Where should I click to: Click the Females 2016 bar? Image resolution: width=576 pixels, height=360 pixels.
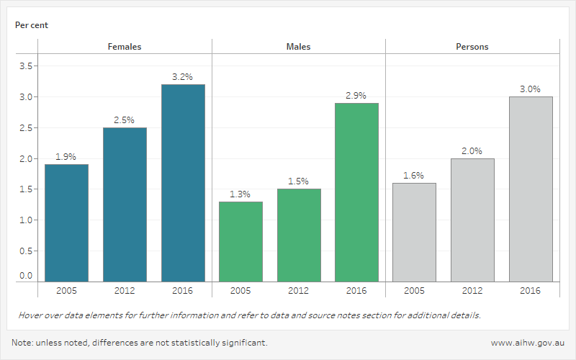pos(183,183)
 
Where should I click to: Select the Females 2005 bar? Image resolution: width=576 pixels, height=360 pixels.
pos(66,222)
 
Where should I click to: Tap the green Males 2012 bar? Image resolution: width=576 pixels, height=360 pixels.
pos(299,235)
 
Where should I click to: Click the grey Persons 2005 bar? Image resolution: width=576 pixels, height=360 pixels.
pos(414,232)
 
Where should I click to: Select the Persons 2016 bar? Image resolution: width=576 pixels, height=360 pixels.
pos(531,189)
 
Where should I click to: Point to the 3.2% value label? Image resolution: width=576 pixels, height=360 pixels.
pos(183,76)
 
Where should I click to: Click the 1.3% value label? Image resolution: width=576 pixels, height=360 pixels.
pos(240,194)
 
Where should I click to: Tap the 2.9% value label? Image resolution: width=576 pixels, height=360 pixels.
pos(356,95)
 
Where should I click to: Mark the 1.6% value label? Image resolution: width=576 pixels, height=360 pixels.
pos(414,175)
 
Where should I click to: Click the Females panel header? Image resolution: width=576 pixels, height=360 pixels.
pos(125,47)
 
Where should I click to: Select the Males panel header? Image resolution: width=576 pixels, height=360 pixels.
pos(299,47)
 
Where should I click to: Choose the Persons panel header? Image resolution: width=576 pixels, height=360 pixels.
pos(472,47)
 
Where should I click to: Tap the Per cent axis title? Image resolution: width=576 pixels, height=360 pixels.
pos(32,25)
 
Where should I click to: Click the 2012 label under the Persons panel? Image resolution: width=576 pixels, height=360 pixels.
pos(472,291)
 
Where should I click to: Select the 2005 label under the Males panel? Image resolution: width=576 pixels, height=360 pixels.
pos(240,291)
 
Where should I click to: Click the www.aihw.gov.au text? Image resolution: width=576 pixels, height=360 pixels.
pos(526,343)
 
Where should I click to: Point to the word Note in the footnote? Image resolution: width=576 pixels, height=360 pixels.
pos(22,343)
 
